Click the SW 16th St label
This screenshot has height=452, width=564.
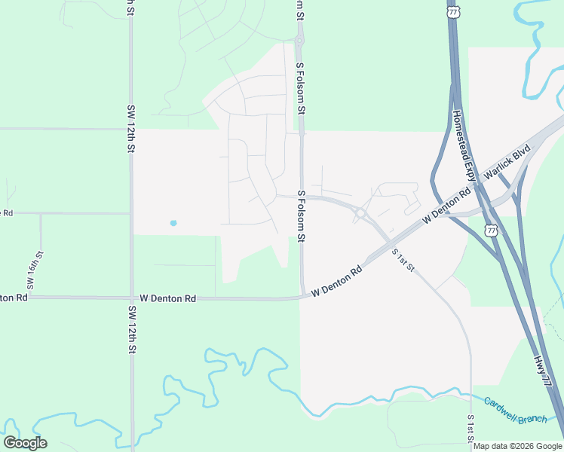pyautogui.click(x=31, y=272)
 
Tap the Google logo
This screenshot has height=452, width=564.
pyautogui.click(x=25, y=443)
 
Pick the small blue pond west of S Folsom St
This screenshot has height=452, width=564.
pyautogui.click(x=173, y=223)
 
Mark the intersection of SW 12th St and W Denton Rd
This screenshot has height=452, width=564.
pyautogui.click(x=132, y=298)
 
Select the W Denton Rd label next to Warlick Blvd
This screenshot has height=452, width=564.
pyautogui.click(x=447, y=205)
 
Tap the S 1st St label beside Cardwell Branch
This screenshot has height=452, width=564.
pyautogui.click(x=471, y=428)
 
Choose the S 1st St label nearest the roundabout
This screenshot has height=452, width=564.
pyautogui.click(x=404, y=260)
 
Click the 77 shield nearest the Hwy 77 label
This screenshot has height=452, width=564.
pyautogui.click(x=492, y=229)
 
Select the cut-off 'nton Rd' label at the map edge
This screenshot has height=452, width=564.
pyautogui.click(x=14, y=298)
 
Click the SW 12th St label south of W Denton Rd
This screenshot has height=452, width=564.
pyautogui.click(x=132, y=329)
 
